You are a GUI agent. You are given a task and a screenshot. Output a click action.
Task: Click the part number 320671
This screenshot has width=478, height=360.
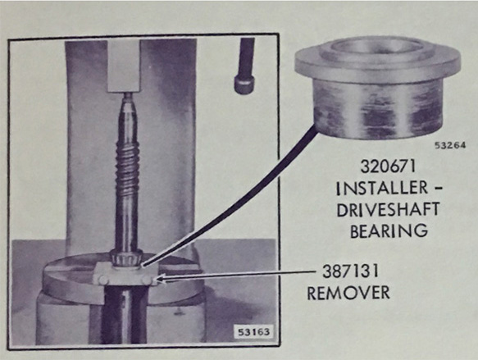[x=388, y=166]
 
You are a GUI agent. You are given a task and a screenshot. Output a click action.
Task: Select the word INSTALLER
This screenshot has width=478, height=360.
[x=382, y=188]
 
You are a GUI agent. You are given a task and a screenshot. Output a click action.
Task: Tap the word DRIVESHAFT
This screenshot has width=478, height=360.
[x=388, y=209]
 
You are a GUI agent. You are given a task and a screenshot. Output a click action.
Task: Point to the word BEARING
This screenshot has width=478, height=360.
[x=389, y=230]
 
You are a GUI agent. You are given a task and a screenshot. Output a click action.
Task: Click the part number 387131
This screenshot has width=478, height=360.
[x=351, y=271]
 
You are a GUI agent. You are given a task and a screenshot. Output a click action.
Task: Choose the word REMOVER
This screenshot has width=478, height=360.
[x=348, y=293]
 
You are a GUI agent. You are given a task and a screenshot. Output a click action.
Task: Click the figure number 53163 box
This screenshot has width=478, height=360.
[x=253, y=331]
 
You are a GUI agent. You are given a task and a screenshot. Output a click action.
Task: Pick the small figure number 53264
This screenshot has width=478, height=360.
[x=450, y=145]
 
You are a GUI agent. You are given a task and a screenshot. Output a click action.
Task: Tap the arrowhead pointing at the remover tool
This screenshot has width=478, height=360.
[x=162, y=279]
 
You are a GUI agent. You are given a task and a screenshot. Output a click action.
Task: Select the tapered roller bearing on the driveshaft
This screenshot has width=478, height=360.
[x=126, y=257]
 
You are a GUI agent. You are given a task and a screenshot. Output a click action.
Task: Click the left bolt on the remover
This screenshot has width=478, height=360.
[x=102, y=280]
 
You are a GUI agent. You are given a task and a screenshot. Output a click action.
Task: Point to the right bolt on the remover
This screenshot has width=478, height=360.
[x=147, y=280]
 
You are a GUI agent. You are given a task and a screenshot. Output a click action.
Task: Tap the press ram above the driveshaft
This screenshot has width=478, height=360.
[x=124, y=66]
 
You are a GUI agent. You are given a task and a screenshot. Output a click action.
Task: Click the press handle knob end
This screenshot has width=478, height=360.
[x=244, y=84]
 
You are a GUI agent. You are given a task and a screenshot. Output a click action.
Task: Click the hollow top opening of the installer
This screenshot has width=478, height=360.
[x=378, y=46]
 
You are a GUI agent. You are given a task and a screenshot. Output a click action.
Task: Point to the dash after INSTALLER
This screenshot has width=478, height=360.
[x=438, y=189]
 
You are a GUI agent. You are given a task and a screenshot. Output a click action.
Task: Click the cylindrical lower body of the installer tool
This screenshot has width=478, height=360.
[x=377, y=109]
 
